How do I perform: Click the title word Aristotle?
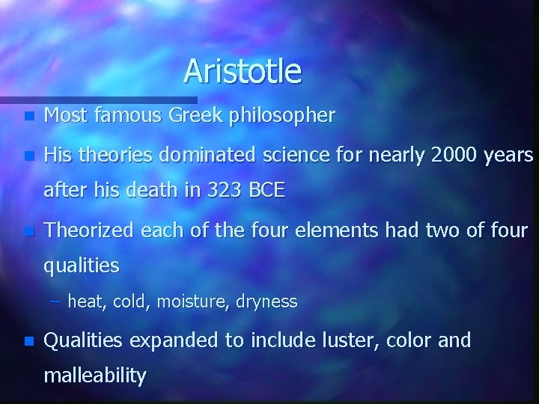tap(243, 71)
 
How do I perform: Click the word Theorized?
tap(88, 230)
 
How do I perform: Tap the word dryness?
tap(267, 302)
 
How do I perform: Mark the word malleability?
tap(95, 376)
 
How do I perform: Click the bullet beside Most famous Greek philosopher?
tap(28, 117)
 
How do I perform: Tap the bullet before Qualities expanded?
tap(28, 341)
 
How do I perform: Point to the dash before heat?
tap(58, 302)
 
